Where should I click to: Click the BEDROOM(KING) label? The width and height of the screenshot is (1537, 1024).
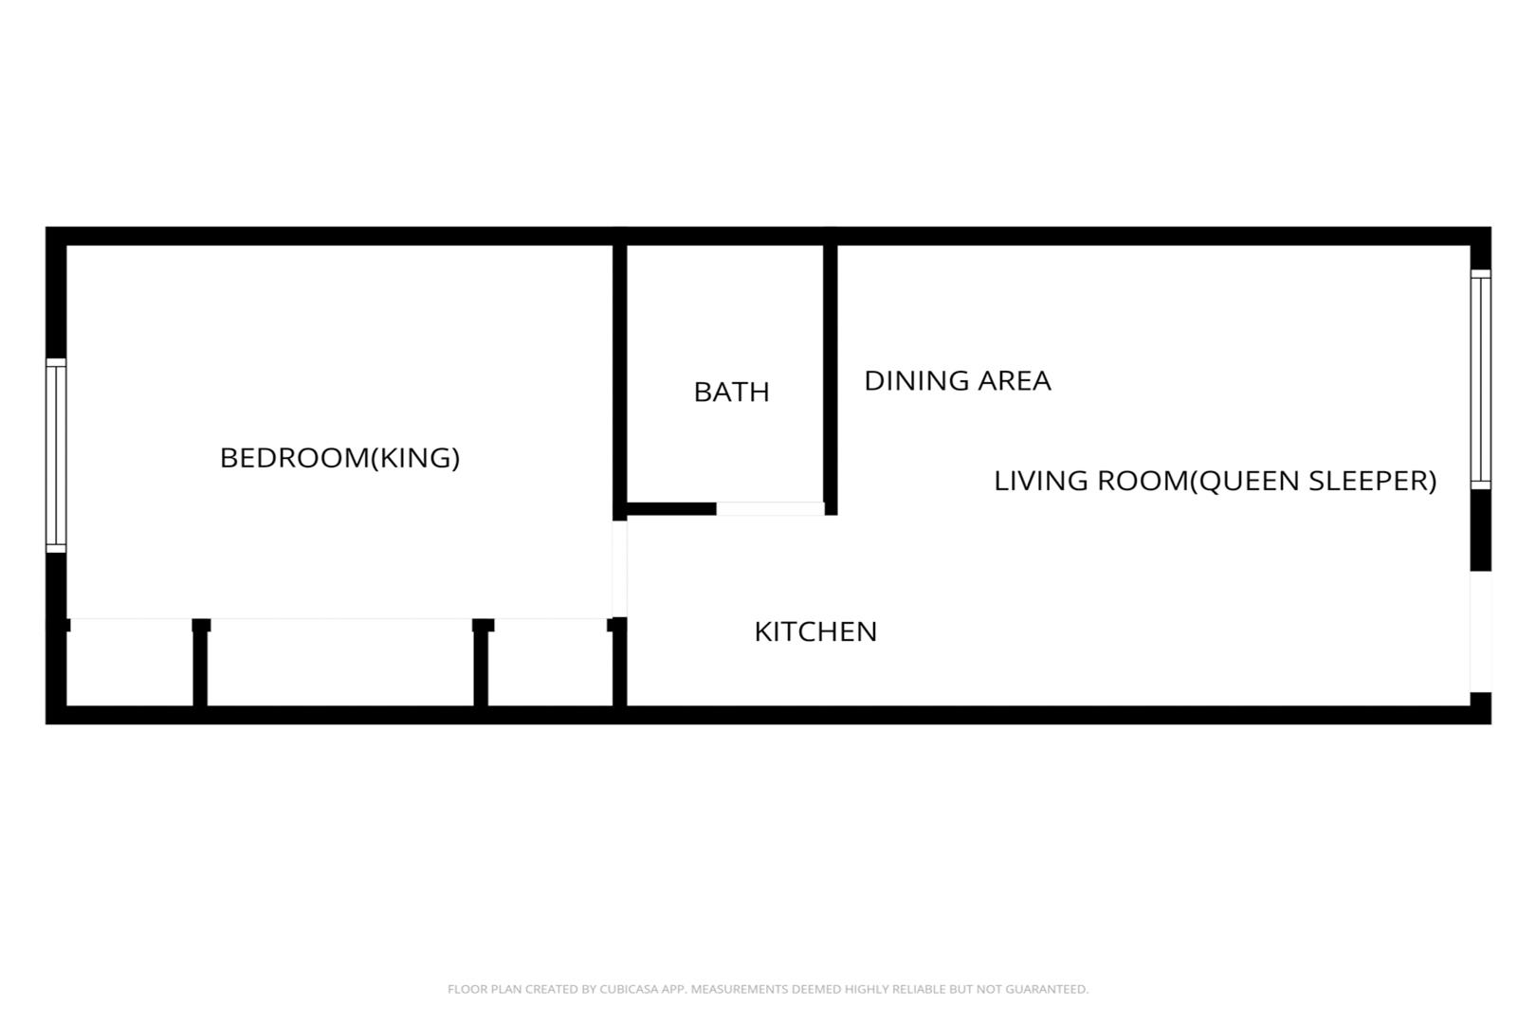pos(339,458)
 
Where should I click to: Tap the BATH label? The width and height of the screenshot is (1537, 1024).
pos(731,392)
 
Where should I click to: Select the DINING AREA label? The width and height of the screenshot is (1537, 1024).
pos(958,380)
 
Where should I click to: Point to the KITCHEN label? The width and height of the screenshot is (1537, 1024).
pos(815,631)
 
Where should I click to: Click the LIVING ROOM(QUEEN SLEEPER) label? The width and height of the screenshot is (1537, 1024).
pos(1216,481)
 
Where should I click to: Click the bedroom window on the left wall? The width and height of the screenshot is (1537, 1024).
pos(56,455)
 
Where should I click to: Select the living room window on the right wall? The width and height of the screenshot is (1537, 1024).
pos(1481,379)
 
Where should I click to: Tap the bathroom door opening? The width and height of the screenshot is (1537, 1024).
pos(770,508)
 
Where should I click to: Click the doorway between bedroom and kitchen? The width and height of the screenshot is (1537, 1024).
pos(619,569)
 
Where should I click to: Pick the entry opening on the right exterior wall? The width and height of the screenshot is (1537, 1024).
pos(1481,632)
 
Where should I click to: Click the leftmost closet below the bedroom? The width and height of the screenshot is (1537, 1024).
pos(130,663)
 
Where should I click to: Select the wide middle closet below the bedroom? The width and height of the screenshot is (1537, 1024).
pos(340,663)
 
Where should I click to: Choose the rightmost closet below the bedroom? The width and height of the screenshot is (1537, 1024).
pos(550,663)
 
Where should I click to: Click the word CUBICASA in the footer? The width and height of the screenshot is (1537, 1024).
pos(628,989)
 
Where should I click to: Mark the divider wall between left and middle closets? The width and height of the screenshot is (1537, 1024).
pos(200,663)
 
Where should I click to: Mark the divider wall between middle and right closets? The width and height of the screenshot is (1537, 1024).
pos(482,663)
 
